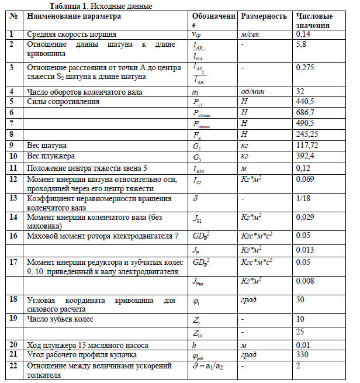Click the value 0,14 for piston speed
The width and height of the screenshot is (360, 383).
coord(304,35)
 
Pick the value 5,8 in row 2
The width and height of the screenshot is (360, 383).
coord(302,44)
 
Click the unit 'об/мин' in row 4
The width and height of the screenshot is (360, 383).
coord(253,91)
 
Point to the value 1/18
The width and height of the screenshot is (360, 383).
coord(303,199)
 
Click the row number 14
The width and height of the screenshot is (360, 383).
coord(12,218)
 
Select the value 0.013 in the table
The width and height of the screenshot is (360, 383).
coord(306,250)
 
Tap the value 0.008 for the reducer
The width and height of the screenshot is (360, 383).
coord(306,281)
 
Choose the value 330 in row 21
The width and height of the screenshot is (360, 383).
coord(303,355)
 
